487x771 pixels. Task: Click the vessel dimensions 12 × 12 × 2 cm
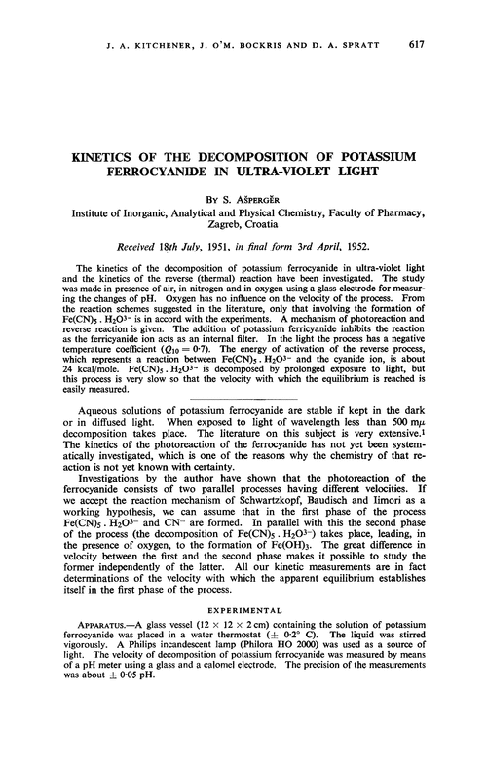235,634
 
